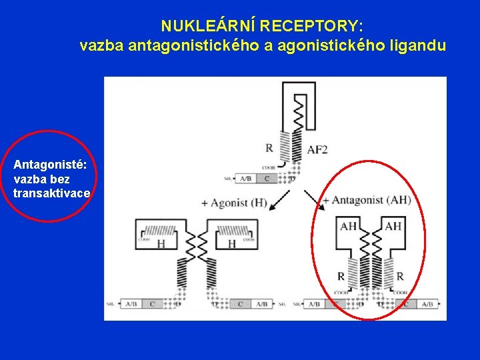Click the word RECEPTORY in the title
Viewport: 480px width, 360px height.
click(x=311, y=27)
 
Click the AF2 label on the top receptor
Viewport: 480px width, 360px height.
click(x=317, y=150)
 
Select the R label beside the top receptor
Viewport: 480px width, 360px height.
click(x=269, y=147)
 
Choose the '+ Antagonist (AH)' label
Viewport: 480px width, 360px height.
click(x=366, y=200)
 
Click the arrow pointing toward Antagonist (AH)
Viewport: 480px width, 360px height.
click(x=311, y=200)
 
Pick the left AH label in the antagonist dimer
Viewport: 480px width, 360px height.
click(x=348, y=226)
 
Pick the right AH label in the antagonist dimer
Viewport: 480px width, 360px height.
click(x=393, y=226)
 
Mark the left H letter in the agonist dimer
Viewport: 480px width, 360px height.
click(x=161, y=244)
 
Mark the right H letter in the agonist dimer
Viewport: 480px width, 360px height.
click(x=232, y=244)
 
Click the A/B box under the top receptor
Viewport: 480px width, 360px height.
click(x=245, y=179)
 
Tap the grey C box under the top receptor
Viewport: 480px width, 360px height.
click(x=267, y=179)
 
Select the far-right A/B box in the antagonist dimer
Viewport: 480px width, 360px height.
click(x=426, y=304)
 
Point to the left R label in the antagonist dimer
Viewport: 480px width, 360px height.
click(x=341, y=276)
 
